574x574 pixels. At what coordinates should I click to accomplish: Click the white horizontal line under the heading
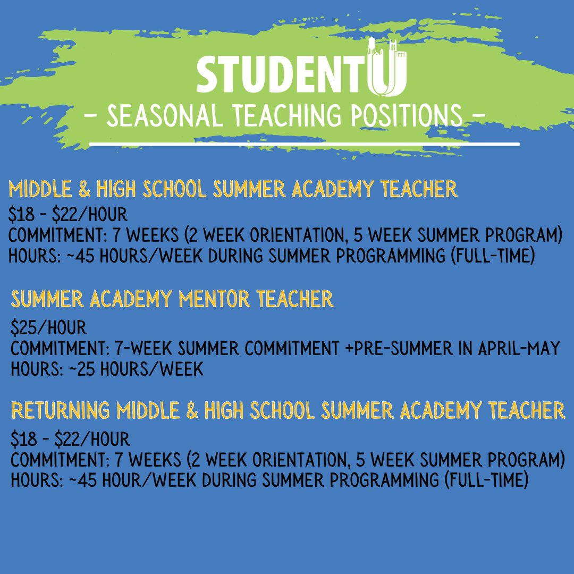pyautogui.click(x=304, y=144)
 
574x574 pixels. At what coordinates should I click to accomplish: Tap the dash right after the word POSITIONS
pyautogui.click(x=478, y=115)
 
